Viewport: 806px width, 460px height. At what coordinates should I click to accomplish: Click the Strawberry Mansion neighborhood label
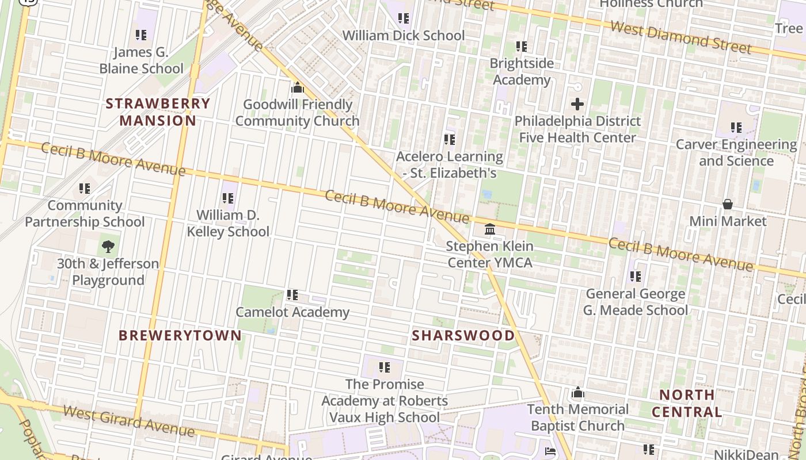click(x=158, y=112)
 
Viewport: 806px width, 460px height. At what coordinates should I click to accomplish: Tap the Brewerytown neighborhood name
click(x=180, y=336)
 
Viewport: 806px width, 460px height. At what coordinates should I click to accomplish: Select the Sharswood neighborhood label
click(x=463, y=336)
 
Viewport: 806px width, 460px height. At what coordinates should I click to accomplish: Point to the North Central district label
click(x=687, y=404)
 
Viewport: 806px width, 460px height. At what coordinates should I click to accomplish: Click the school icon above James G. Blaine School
click(x=141, y=35)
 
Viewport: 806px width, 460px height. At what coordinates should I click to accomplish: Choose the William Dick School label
click(x=403, y=36)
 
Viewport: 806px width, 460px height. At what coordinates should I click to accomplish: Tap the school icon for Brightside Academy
click(x=522, y=46)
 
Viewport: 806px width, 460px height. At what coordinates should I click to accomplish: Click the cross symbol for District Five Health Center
click(x=577, y=104)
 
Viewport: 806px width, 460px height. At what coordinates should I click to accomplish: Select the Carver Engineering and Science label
click(x=736, y=152)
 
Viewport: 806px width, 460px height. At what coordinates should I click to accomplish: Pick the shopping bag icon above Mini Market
click(x=728, y=204)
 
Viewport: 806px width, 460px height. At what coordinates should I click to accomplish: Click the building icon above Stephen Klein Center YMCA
click(x=490, y=229)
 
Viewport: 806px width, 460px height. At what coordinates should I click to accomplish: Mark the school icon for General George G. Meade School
click(x=636, y=277)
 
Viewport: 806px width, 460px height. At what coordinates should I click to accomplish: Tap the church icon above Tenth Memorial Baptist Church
click(x=578, y=393)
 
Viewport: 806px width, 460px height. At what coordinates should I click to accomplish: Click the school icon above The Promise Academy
click(x=385, y=367)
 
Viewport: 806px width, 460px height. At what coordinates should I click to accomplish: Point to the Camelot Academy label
click(x=292, y=312)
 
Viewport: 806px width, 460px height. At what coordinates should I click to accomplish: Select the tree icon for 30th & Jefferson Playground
click(x=108, y=247)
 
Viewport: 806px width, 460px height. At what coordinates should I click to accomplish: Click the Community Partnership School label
click(x=85, y=213)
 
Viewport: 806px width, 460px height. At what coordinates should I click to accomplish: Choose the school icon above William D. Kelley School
click(x=228, y=198)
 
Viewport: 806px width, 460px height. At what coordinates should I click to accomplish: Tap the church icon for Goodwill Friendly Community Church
click(x=298, y=87)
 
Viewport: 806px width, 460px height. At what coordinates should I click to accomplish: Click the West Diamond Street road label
click(x=680, y=37)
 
